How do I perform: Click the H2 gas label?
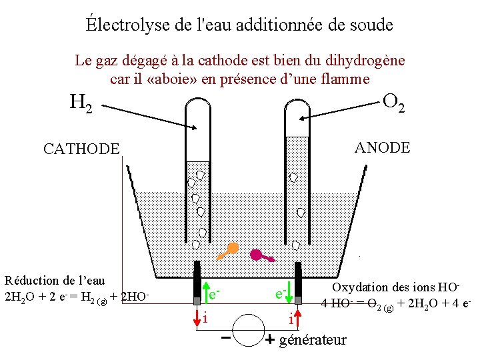pyautogui.click(x=82, y=103)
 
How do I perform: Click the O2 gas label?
pyautogui.click(x=393, y=102)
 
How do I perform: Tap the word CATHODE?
pyautogui.click(x=81, y=149)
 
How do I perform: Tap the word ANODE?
pyautogui.click(x=383, y=147)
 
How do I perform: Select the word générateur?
pyautogui.click(x=313, y=340)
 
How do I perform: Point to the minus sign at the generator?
pyautogui.click(x=227, y=337)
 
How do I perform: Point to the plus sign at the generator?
pyautogui.click(x=270, y=340)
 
